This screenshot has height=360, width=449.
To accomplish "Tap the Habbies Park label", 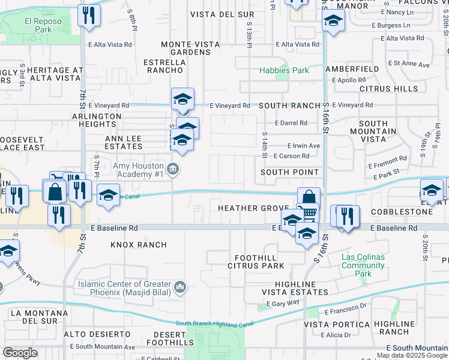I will (x=284, y=71).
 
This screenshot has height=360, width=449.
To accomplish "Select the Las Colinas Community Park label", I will (x=363, y=266).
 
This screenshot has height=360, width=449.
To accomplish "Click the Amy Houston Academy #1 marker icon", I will (x=173, y=169).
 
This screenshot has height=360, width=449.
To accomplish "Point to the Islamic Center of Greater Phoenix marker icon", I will (x=179, y=289).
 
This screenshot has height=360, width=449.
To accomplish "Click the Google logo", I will (x=20, y=353).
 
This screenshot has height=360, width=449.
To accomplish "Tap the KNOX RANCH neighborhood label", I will (x=139, y=245).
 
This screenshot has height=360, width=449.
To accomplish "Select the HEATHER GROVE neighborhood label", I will (x=253, y=208).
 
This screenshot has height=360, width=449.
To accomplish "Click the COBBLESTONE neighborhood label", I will (x=401, y=212).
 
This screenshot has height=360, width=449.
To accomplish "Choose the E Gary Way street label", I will (x=285, y=304).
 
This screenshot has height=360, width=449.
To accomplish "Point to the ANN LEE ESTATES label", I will (x=123, y=142).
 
